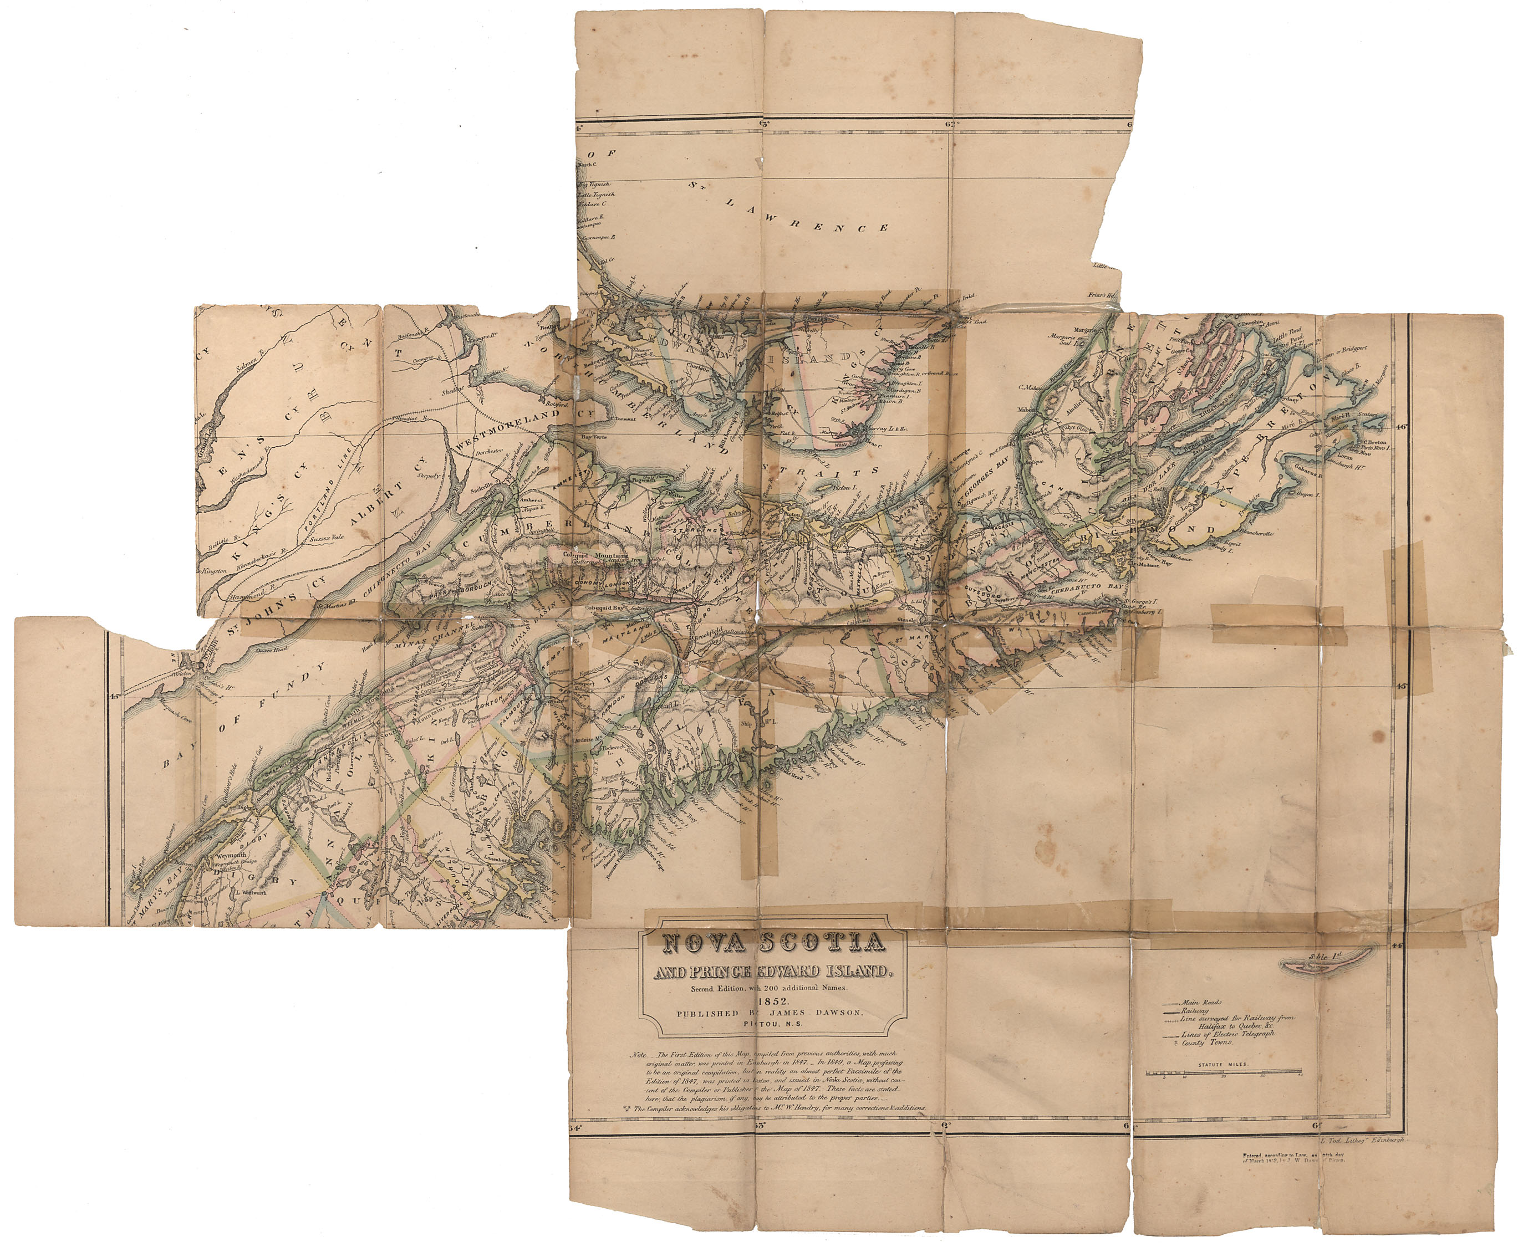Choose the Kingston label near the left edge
[215, 570]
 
